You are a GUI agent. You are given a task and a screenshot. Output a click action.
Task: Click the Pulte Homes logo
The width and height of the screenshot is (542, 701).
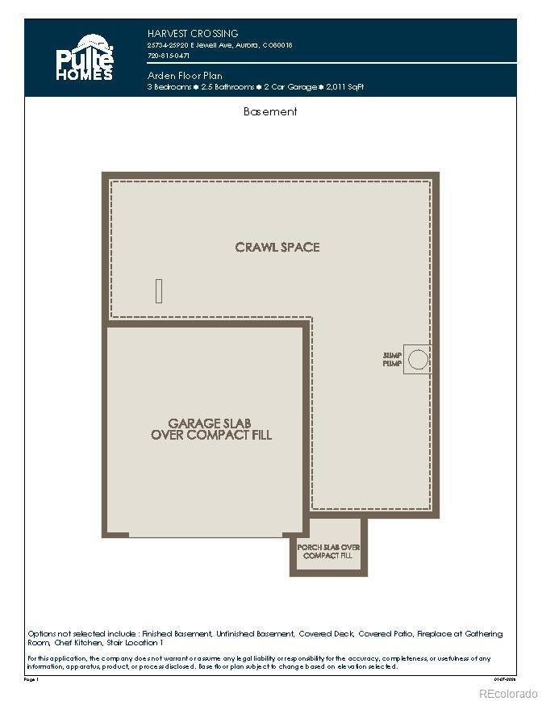click(x=84, y=57)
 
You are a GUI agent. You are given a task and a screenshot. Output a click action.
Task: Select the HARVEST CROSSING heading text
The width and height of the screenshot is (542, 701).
click(x=193, y=34)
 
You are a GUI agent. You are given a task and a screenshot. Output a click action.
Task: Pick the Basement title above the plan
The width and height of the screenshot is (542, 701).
click(x=270, y=112)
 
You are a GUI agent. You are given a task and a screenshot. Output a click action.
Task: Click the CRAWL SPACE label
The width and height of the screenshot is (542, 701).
click(x=277, y=247)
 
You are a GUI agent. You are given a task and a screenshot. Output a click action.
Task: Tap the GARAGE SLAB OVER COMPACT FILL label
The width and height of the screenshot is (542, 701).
click(x=211, y=428)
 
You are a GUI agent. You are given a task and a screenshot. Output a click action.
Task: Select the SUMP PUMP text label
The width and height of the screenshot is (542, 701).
click(x=392, y=360)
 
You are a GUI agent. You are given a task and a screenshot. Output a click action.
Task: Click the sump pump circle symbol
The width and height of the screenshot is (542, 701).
click(x=418, y=360)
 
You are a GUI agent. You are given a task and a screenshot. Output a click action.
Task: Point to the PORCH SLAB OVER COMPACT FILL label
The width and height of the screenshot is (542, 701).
click(x=328, y=552)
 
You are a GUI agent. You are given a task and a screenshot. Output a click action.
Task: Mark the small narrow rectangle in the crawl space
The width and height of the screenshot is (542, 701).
click(x=159, y=290)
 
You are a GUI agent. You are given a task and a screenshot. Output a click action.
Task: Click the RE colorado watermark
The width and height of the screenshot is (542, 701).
click(x=507, y=693)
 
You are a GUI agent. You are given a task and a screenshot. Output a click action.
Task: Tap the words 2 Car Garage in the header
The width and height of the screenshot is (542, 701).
click(x=287, y=86)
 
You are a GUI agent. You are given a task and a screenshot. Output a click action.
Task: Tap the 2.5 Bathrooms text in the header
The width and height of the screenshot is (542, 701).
click(x=228, y=86)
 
